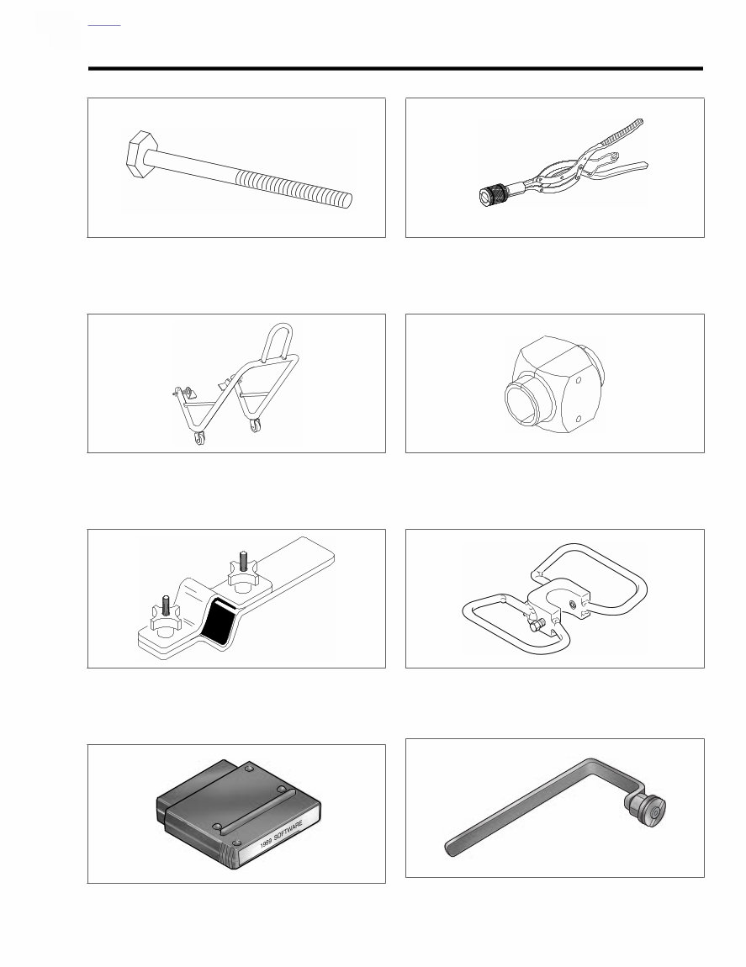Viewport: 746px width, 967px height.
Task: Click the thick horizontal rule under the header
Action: [x=395, y=68]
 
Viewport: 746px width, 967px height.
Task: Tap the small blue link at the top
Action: [x=104, y=25]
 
